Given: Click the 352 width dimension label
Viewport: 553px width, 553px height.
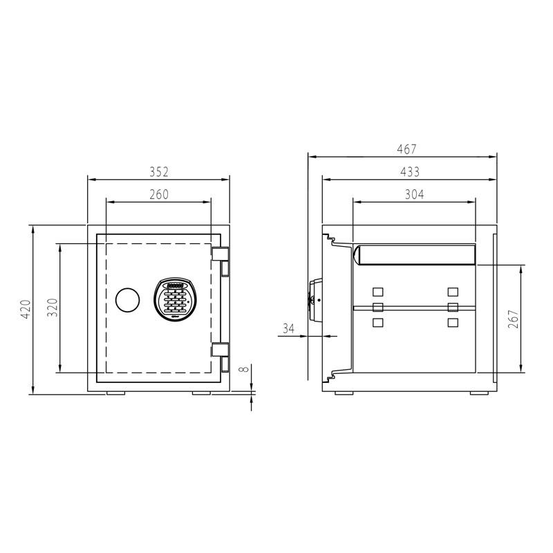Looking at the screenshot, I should [x=159, y=171].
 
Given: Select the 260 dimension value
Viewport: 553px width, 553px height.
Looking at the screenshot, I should [x=159, y=195].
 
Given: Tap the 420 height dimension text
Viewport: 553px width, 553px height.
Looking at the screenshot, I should [x=25, y=310].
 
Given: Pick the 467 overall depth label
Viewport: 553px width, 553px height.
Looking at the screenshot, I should [x=406, y=149].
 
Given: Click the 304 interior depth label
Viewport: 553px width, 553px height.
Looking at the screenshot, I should [x=413, y=195].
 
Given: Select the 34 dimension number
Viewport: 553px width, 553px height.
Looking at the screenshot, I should [x=289, y=328].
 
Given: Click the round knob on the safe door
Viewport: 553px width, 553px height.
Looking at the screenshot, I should [x=126, y=299].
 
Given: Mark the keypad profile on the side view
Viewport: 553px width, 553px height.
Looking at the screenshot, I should [x=316, y=299].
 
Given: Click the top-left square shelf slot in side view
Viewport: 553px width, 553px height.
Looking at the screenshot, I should [x=377, y=292].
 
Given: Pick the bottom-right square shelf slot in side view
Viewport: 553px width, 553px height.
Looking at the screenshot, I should [x=453, y=323].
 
